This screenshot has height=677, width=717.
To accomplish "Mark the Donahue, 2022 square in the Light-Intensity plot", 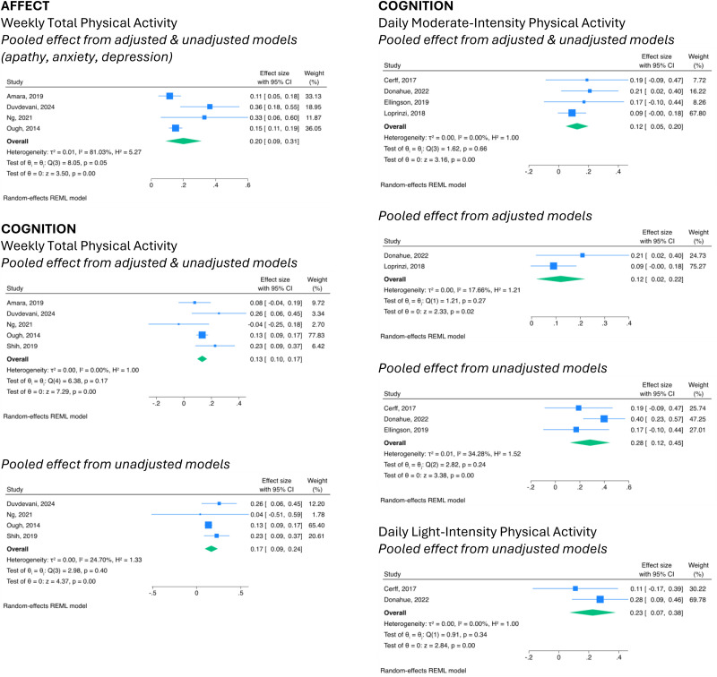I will pos(600,599).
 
